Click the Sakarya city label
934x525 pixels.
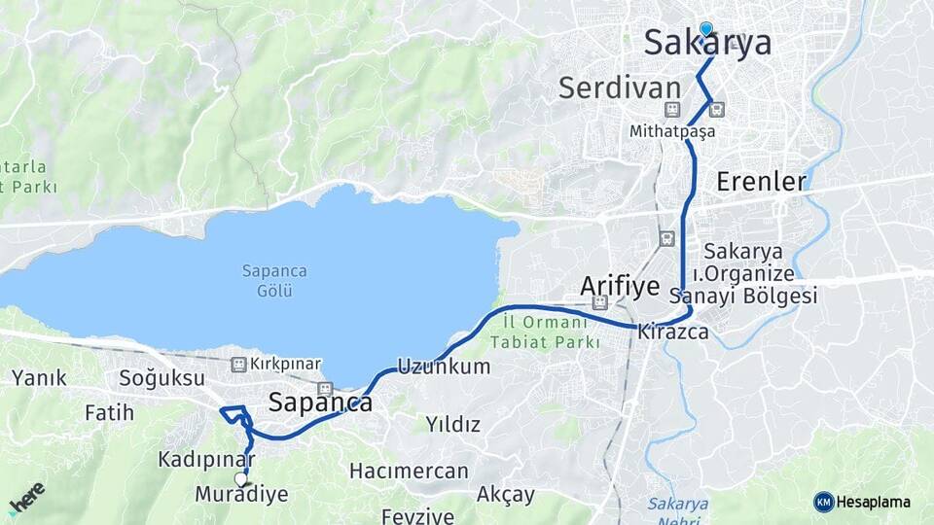[x=708, y=44]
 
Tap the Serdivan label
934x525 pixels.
[x=619, y=87]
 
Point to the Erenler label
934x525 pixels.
[x=761, y=181]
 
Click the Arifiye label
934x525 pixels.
[x=620, y=285]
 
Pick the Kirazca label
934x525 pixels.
[x=673, y=332]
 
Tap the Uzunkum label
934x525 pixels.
[x=444, y=367]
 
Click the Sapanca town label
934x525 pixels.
[x=320, y=402]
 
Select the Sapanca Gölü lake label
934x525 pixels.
[x=268, y=281]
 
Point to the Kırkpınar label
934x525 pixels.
[x=285, y=364]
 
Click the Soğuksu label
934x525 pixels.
[x=162, y=377]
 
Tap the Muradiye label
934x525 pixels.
[x=241, y=494]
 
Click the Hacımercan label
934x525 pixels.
[x=409, y=472]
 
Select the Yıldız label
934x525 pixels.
[x=453, y=424]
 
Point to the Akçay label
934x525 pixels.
[x=506, y=494]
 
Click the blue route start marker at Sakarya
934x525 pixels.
[x=705, y=30]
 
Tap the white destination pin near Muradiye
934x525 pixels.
[x=241, y=478]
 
